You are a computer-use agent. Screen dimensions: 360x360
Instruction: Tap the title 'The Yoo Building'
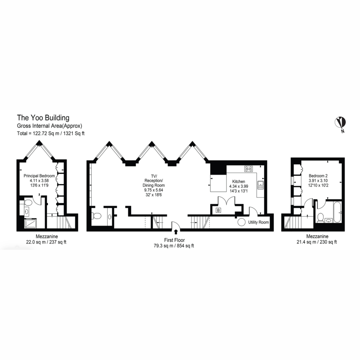click(43, 118)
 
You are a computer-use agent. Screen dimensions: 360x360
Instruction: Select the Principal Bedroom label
click(39, 176)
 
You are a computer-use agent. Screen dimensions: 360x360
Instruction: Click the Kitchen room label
click(238, 181)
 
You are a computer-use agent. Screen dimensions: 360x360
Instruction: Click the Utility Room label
click(258, 222)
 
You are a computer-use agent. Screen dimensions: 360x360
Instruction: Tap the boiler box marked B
click(218, 210)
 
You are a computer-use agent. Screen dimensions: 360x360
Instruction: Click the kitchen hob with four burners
click(249, 169)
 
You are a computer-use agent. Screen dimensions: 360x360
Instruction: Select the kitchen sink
click(260, 185)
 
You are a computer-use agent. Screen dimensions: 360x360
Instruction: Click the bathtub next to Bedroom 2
click(337, 212)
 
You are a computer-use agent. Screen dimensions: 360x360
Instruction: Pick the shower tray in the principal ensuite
click(30, 223)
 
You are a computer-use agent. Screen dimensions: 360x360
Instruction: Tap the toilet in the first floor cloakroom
click(96, 216)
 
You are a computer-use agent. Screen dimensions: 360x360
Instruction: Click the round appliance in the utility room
click(241, 222)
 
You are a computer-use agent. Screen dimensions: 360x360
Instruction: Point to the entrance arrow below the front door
click(175, 232)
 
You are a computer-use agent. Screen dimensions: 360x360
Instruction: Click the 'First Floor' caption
click(174, 240)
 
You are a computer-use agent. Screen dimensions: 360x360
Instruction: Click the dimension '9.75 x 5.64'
click(154, 190)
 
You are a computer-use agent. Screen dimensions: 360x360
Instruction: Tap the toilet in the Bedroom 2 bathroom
click(320, 217)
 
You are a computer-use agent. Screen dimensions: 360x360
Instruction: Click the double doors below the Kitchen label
click(226, 201)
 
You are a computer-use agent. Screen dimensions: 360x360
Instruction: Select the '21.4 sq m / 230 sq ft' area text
click(317, 242)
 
